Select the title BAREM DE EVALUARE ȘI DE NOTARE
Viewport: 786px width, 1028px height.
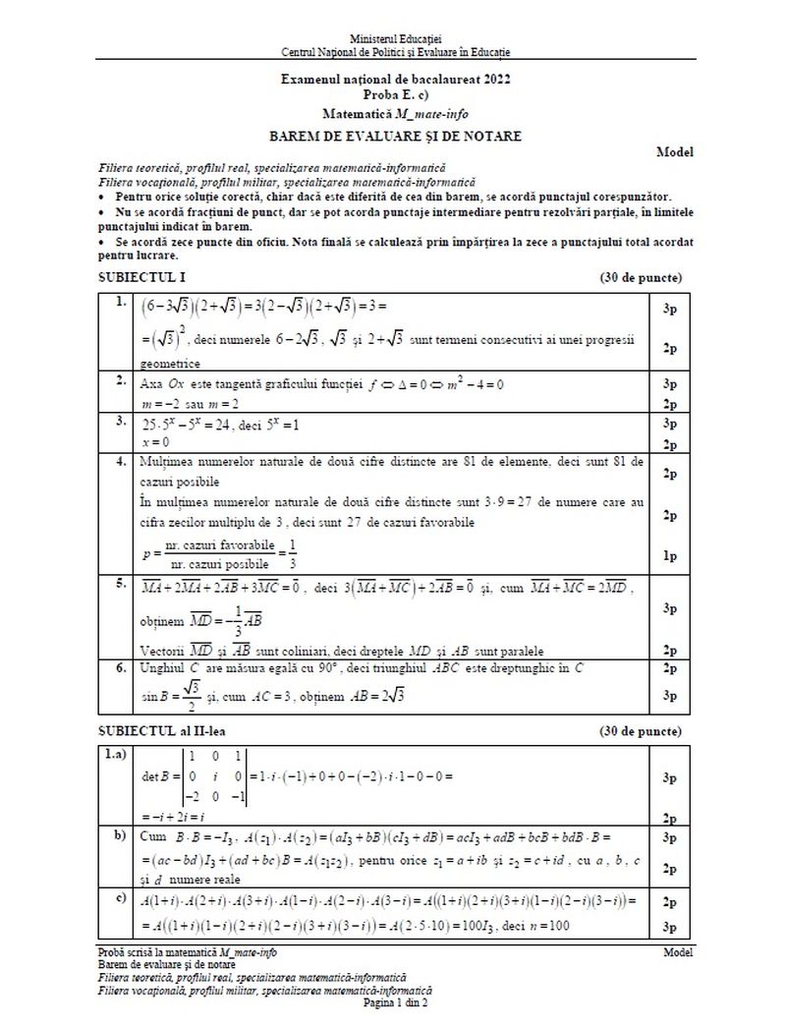(x=396, y=136)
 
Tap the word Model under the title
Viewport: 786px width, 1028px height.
(x=676, y=152)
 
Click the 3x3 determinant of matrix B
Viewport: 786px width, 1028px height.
(x=212, y=777)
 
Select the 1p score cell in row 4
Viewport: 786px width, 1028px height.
(x=669, y=556)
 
